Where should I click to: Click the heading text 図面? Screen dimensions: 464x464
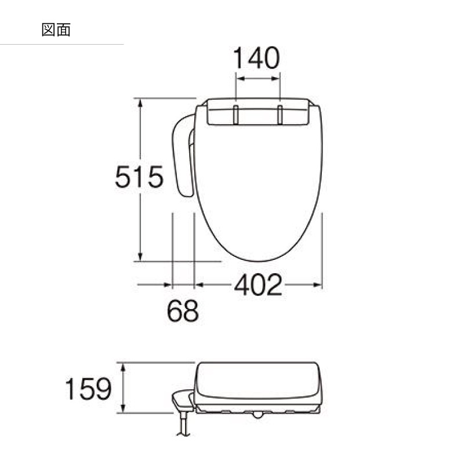pos(56,30)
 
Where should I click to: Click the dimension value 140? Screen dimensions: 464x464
pos(256,58)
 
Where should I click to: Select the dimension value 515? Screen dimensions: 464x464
pos(139,177)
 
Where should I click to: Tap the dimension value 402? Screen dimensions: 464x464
pos(258,285)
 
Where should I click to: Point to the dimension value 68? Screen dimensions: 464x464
pos(183,311)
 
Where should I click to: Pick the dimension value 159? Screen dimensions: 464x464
pos(88,389)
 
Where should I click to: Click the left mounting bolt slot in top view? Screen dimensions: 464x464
pos(236,114)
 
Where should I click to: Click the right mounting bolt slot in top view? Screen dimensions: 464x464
pos(280,114)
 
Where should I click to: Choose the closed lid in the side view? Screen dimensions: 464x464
pos(258,380)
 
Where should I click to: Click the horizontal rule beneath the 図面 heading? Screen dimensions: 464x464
pos(61,45)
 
